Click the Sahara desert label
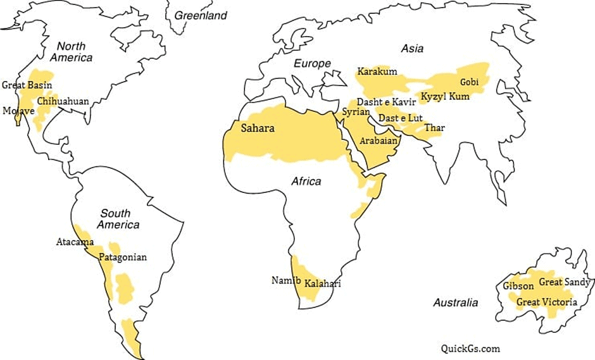coord(258,128)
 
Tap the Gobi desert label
coord(469,82)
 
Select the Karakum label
coord(377,71)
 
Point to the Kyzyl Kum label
coord(445,97)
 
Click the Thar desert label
coord(434,128)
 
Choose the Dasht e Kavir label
coord(386,102)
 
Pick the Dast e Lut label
coord(400,118)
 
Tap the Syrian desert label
coord(356,111)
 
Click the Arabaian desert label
coord(379,140)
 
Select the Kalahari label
coord(322,283)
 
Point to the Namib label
coord(283,280)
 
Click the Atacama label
coord(75,242)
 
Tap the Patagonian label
coord(123,257)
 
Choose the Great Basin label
coord(27,85)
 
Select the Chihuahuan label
coord(63,101)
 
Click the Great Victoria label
coord(547,302)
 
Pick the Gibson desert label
coord(518,286)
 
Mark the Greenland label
coord(200,15)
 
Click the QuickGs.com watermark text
coord(470,348)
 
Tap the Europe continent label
coord(312,63)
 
